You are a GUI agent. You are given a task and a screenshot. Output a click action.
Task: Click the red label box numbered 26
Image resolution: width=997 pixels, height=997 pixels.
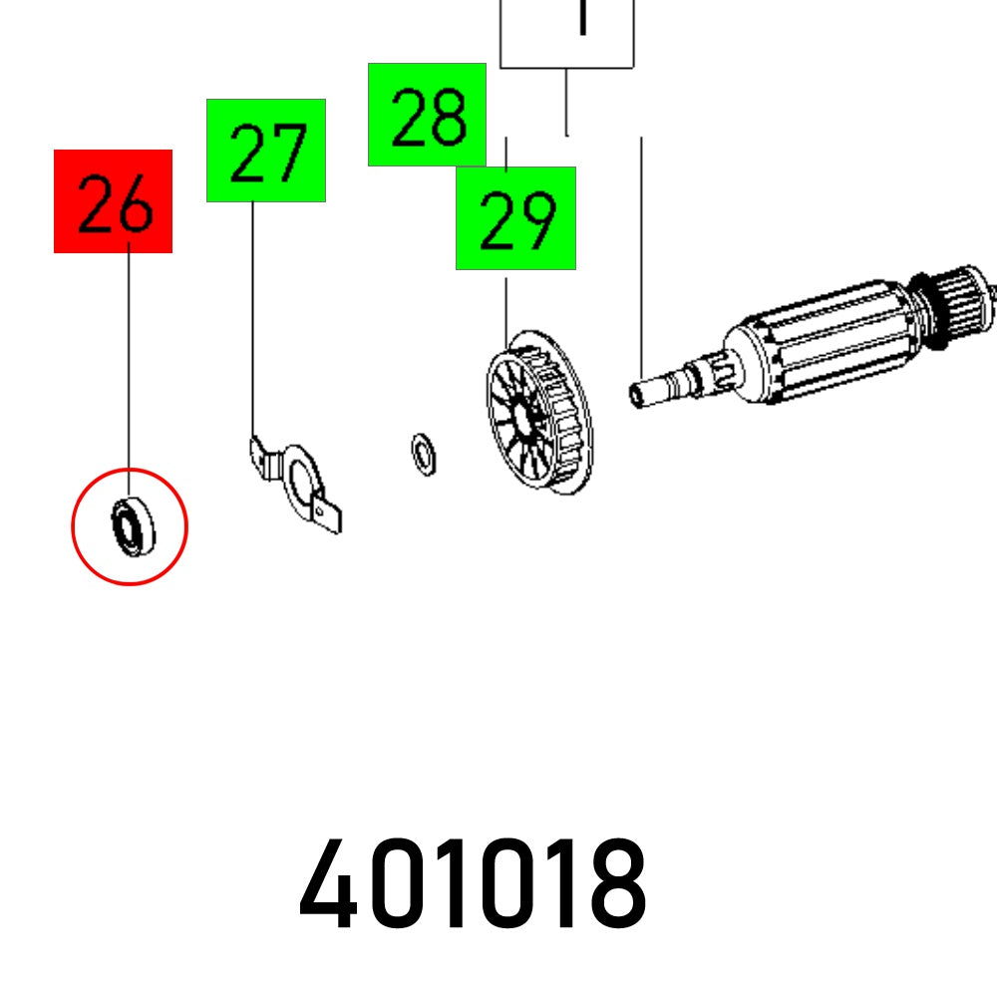click(113, 200)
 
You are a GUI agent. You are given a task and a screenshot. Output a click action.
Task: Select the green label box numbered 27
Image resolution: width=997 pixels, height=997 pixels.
click(266, 151)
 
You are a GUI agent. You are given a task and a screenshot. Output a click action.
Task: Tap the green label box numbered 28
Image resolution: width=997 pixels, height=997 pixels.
click(427, 114)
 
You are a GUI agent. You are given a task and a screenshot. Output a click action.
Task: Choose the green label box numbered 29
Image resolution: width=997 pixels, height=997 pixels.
click(515, 218)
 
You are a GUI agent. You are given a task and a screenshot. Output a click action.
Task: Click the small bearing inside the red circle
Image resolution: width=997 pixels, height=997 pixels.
click(129, 525)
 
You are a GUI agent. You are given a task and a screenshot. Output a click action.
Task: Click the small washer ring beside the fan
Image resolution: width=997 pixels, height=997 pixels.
click(424, 455)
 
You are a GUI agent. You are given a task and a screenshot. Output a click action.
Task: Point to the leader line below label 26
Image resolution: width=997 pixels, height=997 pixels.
click(129, 359)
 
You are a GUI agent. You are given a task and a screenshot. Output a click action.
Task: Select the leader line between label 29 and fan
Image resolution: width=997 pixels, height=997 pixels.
click(505, 304)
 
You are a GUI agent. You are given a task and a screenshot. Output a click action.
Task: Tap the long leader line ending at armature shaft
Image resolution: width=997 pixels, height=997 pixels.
click(641, 249)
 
